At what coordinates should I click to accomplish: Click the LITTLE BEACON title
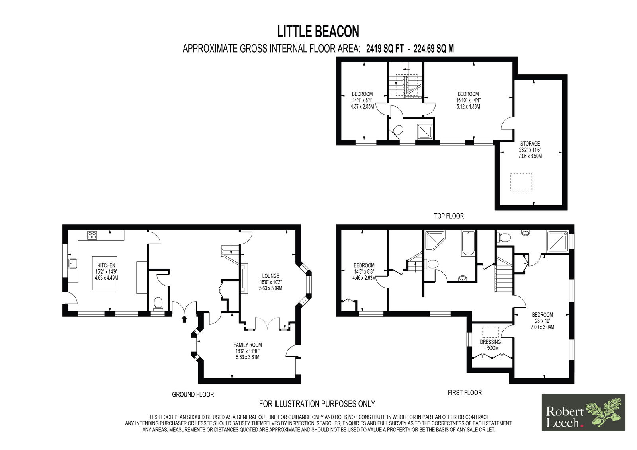318,31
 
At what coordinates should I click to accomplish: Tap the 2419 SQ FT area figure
385,49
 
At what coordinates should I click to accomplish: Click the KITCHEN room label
106,265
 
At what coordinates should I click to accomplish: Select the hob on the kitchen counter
92,235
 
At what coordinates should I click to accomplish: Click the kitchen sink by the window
72,263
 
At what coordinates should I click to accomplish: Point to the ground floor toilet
158,303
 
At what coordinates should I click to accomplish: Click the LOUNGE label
271,276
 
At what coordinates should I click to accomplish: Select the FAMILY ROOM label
248,345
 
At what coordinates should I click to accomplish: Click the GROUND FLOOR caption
193,395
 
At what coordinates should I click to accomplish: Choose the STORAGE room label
530,144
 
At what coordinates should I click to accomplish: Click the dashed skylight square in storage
521,182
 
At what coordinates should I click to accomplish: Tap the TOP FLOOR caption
449,216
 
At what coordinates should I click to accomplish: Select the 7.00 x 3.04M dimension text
543,327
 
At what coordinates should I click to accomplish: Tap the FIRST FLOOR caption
465,393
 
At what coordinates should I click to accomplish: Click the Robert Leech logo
584,413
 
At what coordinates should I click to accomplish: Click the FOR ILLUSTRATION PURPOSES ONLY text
317,404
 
